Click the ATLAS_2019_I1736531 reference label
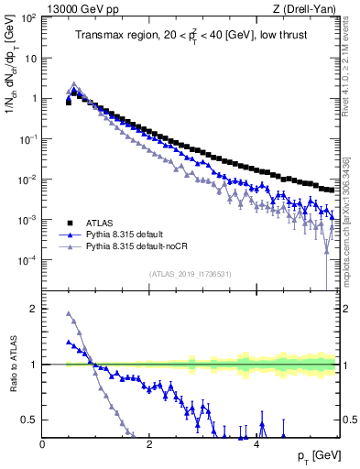(x=190, y=273)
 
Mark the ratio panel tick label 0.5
(x=31, y=420)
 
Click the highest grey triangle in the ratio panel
(x=69, y=314)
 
